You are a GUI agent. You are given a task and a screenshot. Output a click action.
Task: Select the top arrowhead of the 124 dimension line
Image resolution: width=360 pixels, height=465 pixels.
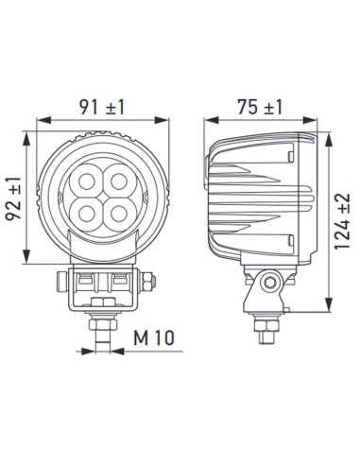coord(328,131)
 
